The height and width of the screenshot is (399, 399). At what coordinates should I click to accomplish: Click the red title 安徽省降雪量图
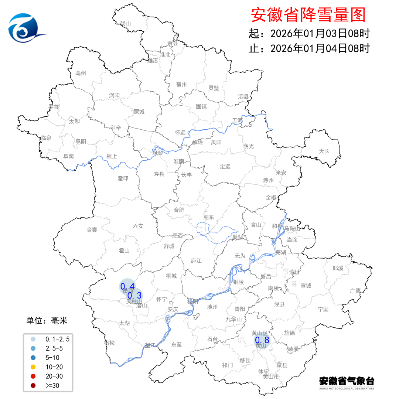308,15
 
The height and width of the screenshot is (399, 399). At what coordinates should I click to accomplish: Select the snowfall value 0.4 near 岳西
127,286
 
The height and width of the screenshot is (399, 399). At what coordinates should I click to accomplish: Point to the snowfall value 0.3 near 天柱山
134,296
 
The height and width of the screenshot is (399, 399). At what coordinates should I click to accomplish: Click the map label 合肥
179,210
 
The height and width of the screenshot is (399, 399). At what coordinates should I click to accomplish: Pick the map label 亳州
81,73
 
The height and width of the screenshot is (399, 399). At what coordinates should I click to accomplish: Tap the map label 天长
324,151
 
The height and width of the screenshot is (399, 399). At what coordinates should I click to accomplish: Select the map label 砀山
126,24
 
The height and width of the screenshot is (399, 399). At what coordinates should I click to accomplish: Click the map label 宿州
181,85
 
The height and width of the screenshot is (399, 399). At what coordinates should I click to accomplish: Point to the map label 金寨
92,230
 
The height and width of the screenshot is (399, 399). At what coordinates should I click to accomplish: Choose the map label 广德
355,290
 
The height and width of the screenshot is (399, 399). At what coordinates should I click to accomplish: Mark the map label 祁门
228,365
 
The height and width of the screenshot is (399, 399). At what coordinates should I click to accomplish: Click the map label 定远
225,167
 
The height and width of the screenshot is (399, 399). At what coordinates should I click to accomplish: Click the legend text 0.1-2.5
57,338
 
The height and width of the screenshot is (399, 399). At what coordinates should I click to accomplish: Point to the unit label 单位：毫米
47,321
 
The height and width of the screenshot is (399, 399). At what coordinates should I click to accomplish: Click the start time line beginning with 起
309,34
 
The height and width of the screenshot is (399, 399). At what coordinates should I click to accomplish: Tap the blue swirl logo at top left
25,29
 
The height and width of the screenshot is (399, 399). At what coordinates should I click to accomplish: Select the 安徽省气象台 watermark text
347,381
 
